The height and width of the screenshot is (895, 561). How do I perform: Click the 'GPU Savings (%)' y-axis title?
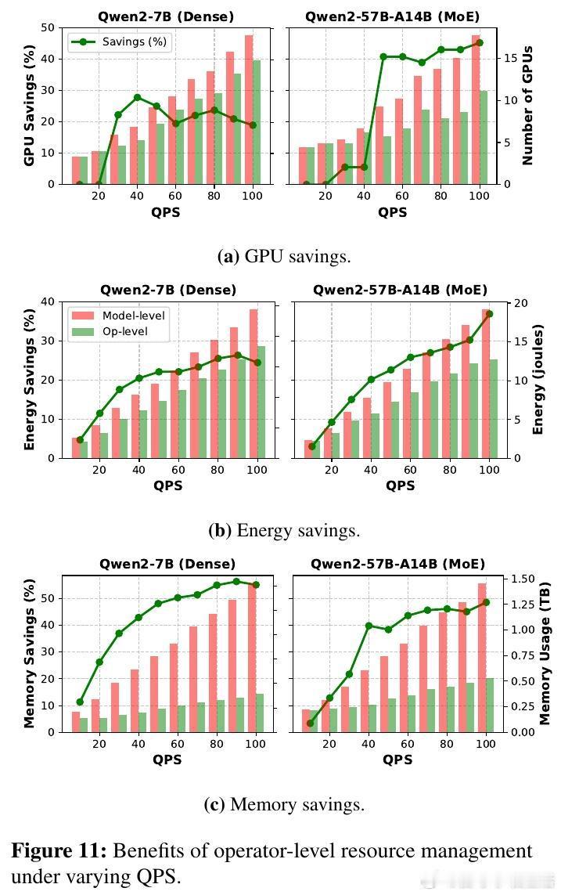coord(28,105)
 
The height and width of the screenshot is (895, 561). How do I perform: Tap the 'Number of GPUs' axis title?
coord(527,105)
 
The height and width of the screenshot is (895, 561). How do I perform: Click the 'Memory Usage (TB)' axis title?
coord(545,652)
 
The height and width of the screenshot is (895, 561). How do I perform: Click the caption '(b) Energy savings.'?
coord(284,530)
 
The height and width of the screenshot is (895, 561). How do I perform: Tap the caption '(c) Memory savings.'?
coord(284,804)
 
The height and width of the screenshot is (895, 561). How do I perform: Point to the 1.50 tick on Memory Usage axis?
coord(521,579)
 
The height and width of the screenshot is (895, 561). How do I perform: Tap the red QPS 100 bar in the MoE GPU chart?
coord(475,110)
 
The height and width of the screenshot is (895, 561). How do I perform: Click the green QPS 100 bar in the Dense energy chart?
coord(261,402)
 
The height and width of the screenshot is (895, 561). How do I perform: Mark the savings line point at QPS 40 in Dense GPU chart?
coord(137,98)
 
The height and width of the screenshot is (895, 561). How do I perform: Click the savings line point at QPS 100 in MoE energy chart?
coord(489,314)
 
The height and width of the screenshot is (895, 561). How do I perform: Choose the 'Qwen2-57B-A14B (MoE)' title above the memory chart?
coord(397,564)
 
